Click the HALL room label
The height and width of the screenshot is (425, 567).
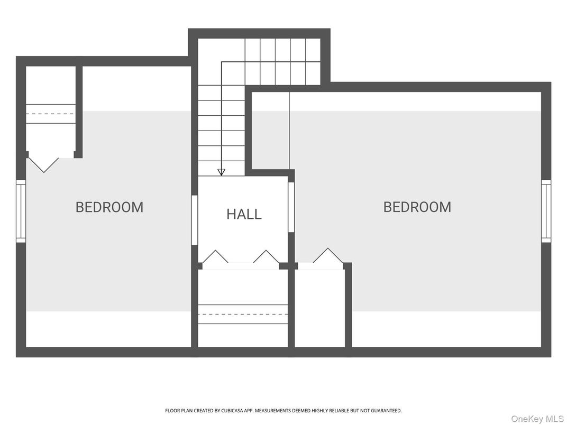click(x=244, y=214)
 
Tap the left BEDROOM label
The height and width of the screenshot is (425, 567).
click(x=109, y=207)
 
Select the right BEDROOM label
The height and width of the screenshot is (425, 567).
click(x=417, y=207)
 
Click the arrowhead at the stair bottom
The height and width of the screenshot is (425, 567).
click(x=221, y=172)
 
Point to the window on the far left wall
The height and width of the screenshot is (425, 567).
click(x=21, y=211)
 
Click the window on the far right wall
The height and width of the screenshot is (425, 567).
click(x=546, y=211)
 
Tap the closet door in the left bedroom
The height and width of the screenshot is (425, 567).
click(x=43, y=163)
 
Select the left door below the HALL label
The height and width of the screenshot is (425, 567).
click(x=215, y=257)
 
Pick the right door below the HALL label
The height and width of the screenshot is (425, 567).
click(x=266, y=257)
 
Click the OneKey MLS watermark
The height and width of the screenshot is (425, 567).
click(x=537, y=419)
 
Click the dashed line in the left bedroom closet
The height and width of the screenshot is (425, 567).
click(x=50, y=114)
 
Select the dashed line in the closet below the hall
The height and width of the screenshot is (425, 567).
click(x=243, y=314)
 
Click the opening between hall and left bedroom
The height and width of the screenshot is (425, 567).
click(x=194, y=220)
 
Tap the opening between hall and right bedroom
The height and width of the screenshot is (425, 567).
click(x=291, y=207)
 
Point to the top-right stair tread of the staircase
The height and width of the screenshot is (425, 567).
click(x=313, y=50)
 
